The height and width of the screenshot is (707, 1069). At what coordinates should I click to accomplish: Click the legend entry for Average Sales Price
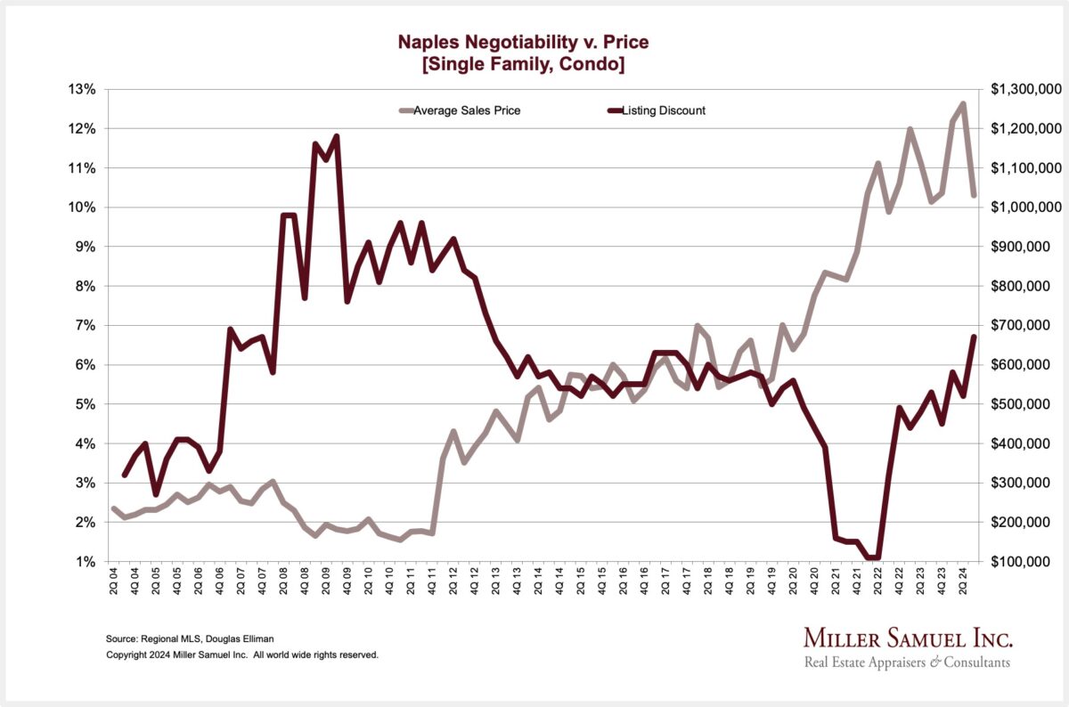(x=472, y=110)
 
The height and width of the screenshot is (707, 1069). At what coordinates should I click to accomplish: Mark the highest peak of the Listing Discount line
(x=336, y=135)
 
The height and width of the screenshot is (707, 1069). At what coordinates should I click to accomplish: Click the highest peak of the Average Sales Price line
(x=963, y=103)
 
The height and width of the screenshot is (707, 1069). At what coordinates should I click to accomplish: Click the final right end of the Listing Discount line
(x=974, y=337)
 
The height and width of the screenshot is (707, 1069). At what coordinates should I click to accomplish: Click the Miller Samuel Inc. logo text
(x=908, y=638)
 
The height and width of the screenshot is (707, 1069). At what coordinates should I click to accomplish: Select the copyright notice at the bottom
(x=242, y=654)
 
